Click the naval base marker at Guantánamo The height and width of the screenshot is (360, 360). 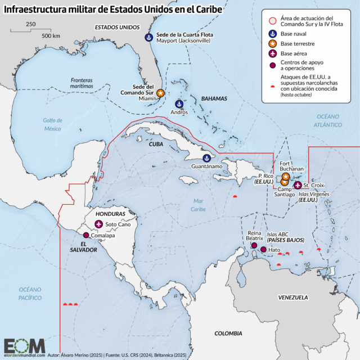point(207,158)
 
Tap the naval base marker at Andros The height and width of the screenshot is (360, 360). point(179,103)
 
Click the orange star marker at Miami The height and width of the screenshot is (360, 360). point(160,93)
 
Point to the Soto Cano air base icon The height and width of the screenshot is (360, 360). point(100,224)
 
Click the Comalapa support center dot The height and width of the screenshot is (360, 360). point(85,235)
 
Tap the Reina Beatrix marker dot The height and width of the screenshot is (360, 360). point(254,246)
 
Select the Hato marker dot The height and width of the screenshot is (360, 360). point(263,249)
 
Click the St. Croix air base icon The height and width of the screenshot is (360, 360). point(297,185)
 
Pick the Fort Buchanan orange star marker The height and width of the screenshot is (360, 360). point(286,176)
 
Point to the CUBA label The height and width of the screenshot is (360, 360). point(155,143)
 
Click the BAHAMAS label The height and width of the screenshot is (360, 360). point(214,98)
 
